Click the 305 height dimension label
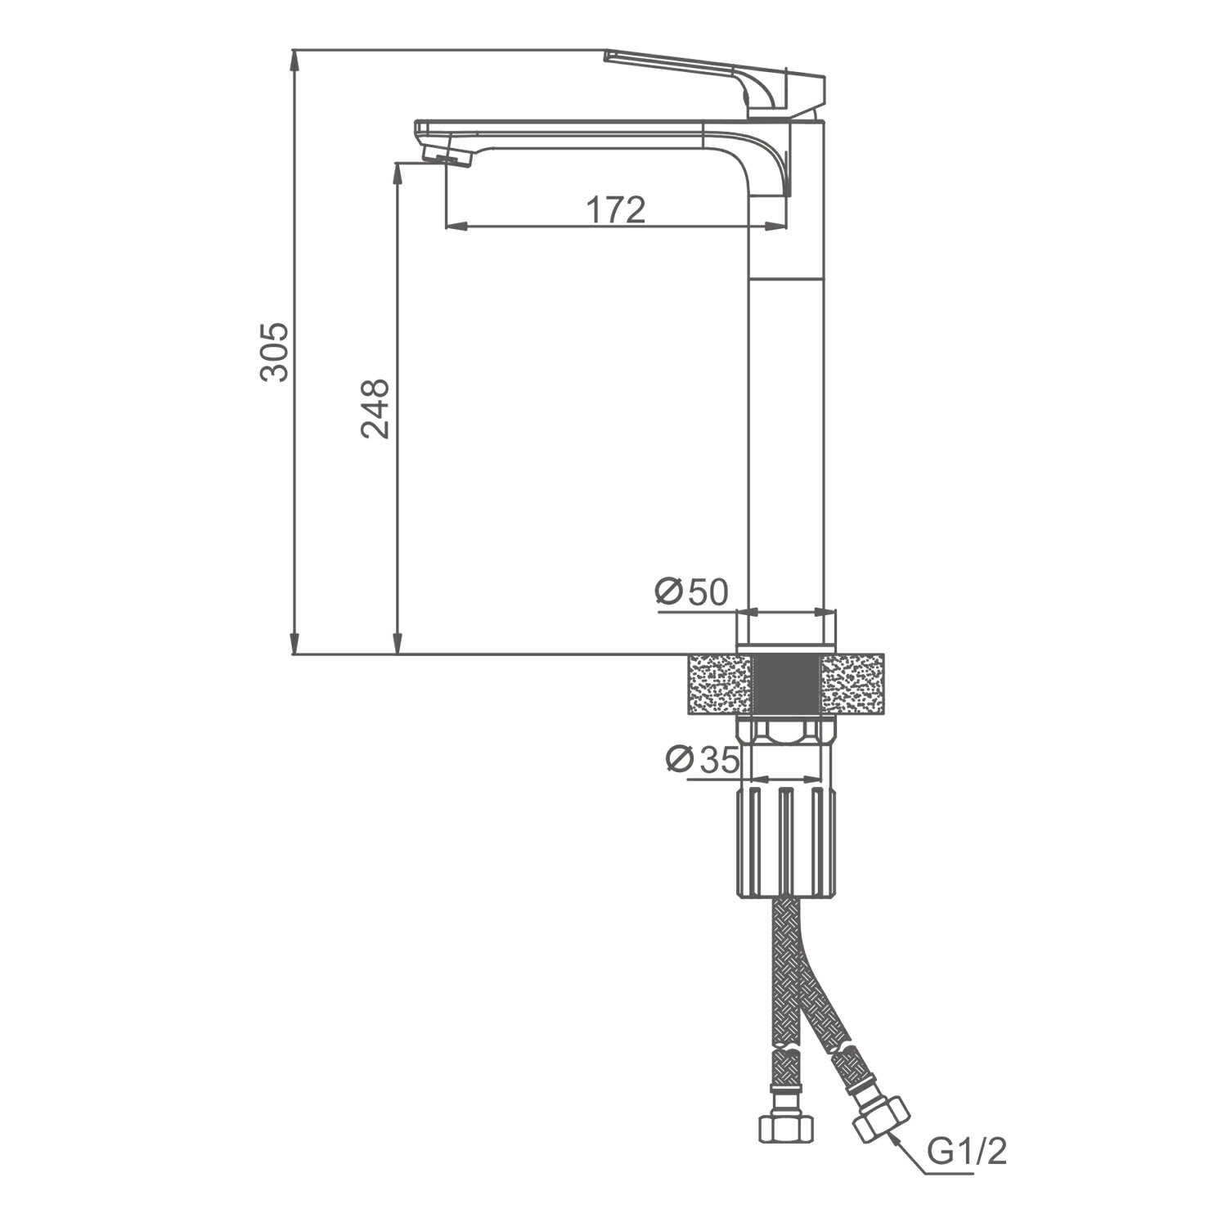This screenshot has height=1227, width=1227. pyautogui.click(x=274, y=352)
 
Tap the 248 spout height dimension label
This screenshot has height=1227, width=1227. pyautogui.click(x=375, y=409)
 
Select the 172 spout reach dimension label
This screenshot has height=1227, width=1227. pyautogui.click(x=616, y=210)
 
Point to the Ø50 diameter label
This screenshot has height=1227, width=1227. pyautogui.click(x=692, y=591)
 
